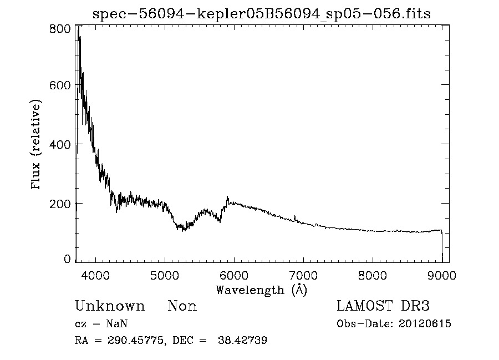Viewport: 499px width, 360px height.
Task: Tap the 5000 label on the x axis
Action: [x=165, y=274]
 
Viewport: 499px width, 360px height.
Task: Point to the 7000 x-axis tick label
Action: [x=303, y=274]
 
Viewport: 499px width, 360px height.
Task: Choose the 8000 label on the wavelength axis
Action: [x=373, y=274]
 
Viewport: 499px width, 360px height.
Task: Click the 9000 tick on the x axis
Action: [x=442, y=274]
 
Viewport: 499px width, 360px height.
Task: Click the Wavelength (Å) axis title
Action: [x=261, y=290]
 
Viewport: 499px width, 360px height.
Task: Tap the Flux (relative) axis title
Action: [x=37, y=145]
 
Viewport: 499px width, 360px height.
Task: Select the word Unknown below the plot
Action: [x=110, y=306]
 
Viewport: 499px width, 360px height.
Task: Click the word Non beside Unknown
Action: [x=182, y=306]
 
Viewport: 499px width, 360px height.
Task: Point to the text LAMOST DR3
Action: [x=383, y=306]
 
